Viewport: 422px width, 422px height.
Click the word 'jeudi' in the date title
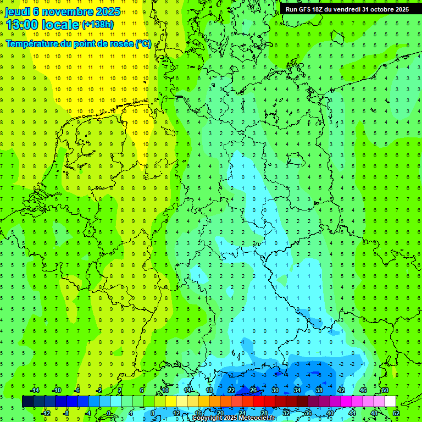coord(18,12)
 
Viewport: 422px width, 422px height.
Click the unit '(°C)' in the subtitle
coord(143,43)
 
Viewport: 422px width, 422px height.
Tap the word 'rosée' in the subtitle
coord(120,43)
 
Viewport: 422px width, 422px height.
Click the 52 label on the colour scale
coord(396,413)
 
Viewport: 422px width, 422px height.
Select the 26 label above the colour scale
coord(253,390)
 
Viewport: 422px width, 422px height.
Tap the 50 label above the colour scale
coord(385,390)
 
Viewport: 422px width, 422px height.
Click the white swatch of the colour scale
coord(390,402)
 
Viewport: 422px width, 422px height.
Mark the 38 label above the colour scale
coord(319,390)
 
